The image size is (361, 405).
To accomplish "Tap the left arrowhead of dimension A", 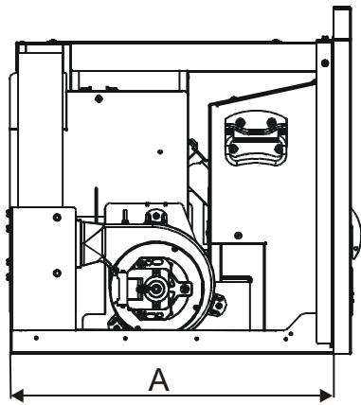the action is (x=14, y=392).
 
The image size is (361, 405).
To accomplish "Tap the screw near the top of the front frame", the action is (x=321, y=40).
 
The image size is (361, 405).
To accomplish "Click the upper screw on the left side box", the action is (x=56, y=218).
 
